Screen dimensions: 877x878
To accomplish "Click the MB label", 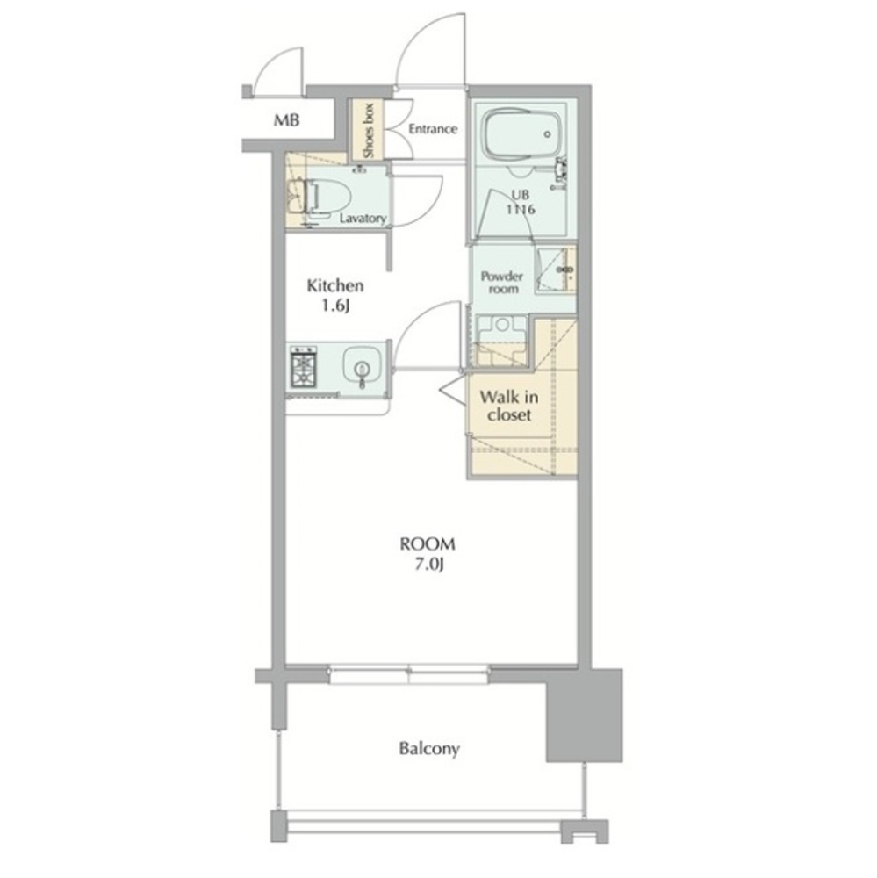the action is pos(286,119).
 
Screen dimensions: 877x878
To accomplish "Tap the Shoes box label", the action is pos(368,131).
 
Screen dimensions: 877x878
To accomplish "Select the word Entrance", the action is pos(433,129).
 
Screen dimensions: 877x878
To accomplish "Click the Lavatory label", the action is pos(363,219).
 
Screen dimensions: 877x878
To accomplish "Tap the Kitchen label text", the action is pos(334,286).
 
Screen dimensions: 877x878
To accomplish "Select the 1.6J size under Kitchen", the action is pos(335,306).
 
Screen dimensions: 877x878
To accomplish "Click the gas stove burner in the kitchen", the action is pos(303,367).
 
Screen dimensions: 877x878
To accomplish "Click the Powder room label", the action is pos(502,283).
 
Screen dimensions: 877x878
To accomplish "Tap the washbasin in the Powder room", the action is pos(557,270).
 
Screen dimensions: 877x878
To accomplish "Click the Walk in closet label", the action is pos(509,406).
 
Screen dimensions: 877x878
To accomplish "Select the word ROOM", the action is pos(428,543).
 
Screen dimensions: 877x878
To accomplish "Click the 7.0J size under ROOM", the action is pos(429,565).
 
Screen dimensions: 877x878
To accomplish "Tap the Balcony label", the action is pos(429,749).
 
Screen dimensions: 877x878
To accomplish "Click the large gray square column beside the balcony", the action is pos(584,715).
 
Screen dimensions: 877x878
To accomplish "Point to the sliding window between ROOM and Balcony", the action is pos(409,674).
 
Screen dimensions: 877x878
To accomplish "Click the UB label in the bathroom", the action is pos(521,195).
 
